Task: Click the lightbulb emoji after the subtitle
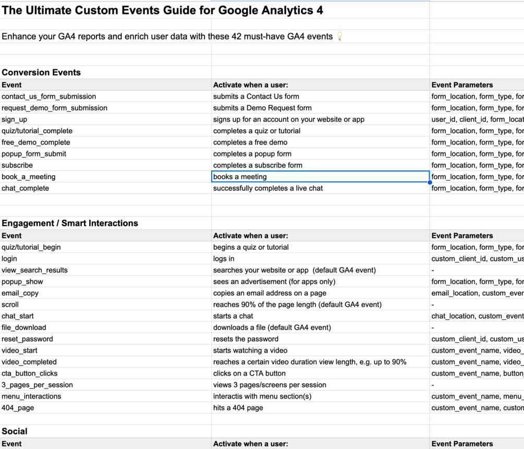pyautogui.click(x=340, y=36)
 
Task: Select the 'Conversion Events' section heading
pyautogui.click(x=41, y=72)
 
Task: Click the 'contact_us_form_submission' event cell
pyautogui.click(x=49, y=96)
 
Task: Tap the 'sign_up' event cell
pyautogui.click(x=15, y=119)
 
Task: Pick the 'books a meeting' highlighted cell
pyautogui.click(x=320, y=177)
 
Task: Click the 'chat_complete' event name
pyautogui.click(x=26, y=188)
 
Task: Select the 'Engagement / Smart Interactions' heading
pyautogui.click(x=70, y=223)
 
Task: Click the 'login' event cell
pyautogui.click(x=9, y=258)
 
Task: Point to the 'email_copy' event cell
pyautogui.click(x=20, y=293)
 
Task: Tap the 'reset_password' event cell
pyautogui.click(x=27, y=339)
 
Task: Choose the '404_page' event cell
pyautogui.click(x=18, y=407)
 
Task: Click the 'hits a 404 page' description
pyautogui.click(x=238, y=407)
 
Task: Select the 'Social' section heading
pyautogui.click(x=15, y=431)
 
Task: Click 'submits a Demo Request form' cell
pyautogui.click(x=262, y=108)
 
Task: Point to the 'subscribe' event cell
pyautogui.click(x=17, y=165)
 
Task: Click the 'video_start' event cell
pyautogui.click(x=20, y=350)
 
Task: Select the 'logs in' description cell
pyautogui.click(x=224, y=258)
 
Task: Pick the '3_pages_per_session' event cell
pyautogui.click(x=38, y=384)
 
